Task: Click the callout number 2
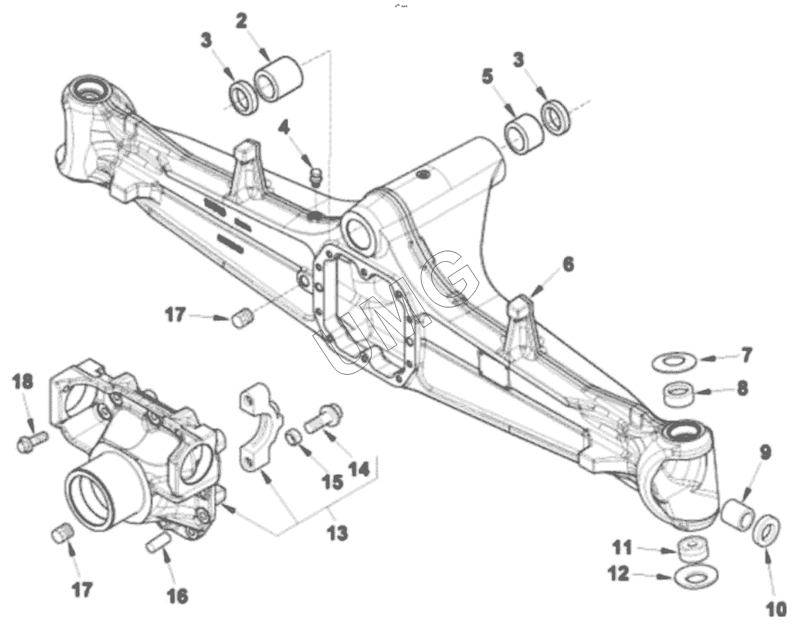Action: tap(241, 21)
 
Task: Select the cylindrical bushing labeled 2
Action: tap(278, 80)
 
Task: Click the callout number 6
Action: tap(568, 264)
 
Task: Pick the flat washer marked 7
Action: tap(673, 362)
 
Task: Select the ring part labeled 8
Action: tap(680, 395)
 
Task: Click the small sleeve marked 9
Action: tap(738, 514)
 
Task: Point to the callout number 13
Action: tap(338, 533)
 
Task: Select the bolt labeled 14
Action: tap(324, 417)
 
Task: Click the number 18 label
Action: tap(22, 382)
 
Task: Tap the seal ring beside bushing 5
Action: tap(556, 116)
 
